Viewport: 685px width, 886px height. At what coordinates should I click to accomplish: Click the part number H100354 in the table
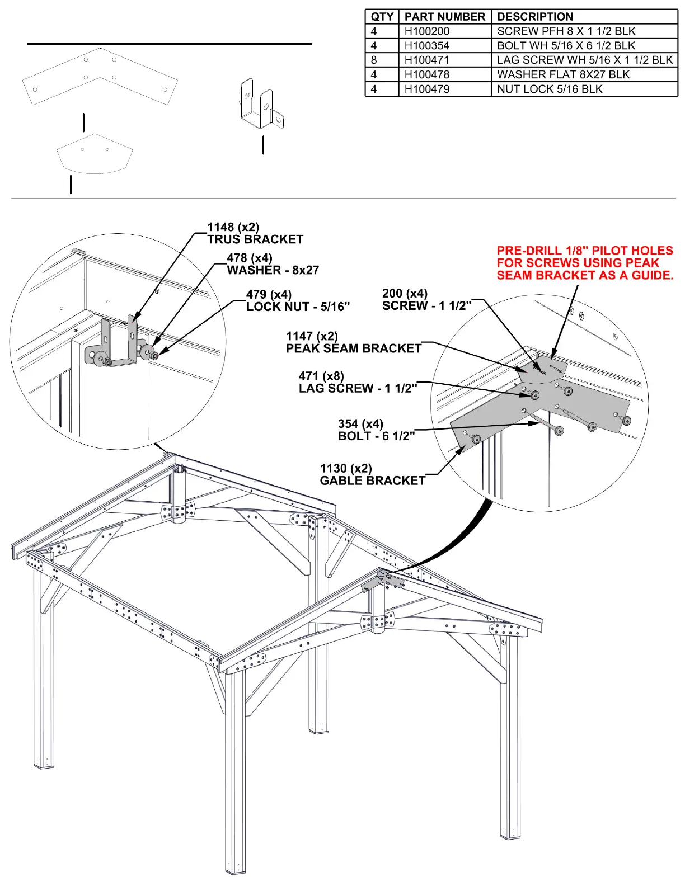coord(427,46)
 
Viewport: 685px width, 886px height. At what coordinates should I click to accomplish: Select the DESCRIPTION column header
coord(534,17)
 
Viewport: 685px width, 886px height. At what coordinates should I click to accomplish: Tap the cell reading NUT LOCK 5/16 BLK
coord(550,89)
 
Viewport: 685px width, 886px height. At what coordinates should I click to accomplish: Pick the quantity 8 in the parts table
coord(374,60)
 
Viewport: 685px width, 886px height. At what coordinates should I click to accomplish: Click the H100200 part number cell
coord(427,31)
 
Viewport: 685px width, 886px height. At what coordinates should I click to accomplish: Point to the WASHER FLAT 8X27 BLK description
coord(563,75)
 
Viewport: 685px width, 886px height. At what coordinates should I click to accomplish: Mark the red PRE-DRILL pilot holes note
coord(584,263)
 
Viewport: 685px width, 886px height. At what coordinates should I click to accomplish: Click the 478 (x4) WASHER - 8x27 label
coord(273,264)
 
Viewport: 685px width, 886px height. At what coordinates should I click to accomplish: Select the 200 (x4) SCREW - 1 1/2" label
coord(426,300)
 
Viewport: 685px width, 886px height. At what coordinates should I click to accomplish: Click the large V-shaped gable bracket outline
coord(100,77)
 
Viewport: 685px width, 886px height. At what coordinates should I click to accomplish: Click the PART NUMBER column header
coord(445,17)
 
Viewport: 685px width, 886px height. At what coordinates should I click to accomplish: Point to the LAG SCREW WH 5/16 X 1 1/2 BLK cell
coord(584,60)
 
